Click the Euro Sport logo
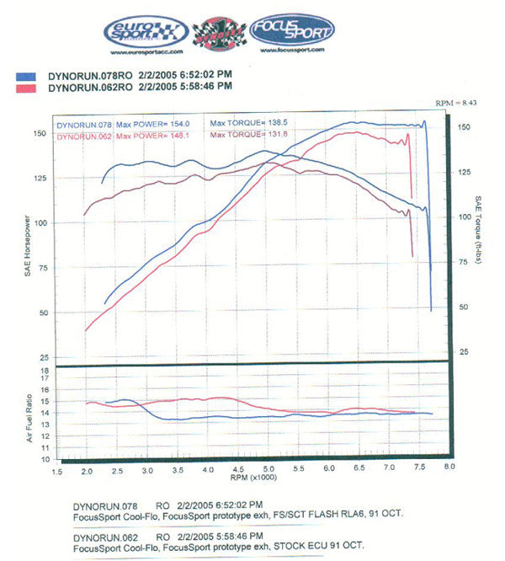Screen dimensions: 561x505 [x=145, y=32]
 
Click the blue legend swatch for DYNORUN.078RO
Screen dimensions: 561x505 [x=26, y=76]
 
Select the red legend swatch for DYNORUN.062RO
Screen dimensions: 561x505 [x=26, y=87]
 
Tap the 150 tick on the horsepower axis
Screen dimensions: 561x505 [x=39, y=133]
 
